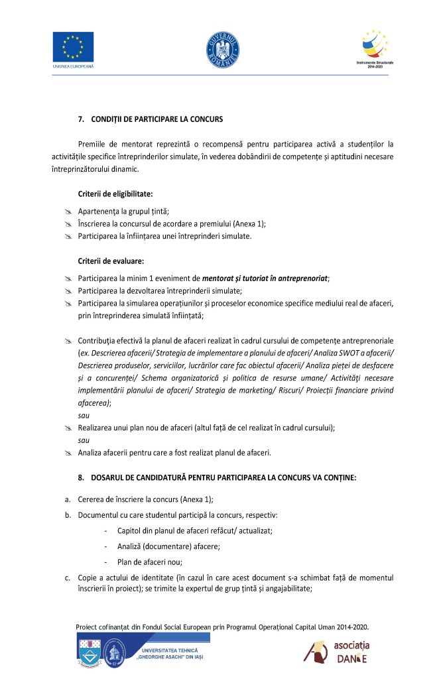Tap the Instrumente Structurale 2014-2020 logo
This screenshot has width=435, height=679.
tap(375, 48)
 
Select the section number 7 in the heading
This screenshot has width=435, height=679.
tap(80, 119)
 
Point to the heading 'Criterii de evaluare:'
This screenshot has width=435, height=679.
tap(111, 261)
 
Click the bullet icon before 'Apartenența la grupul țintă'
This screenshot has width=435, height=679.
tap(68, 212)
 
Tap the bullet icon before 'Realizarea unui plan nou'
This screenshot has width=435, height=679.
tap(68, 428)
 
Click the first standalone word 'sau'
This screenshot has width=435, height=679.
tap(84, 416)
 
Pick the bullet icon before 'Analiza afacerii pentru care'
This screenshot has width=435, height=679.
tap(68, 454)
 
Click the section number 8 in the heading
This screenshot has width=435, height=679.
tap(80, 477)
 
